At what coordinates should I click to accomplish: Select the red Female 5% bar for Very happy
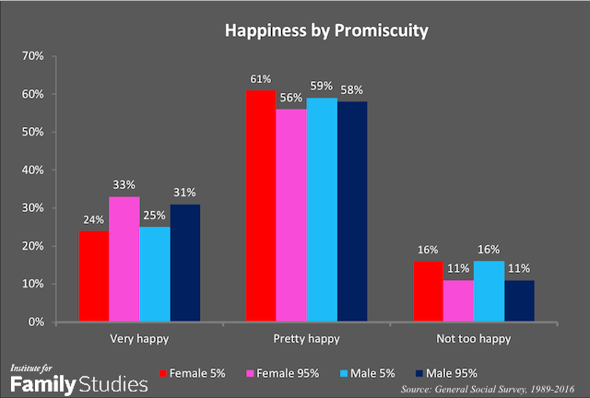click(x=94, y=275)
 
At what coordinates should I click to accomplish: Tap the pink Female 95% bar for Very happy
click(x=124, y=259)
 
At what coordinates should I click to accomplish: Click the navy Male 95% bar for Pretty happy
click(x=351, y=212)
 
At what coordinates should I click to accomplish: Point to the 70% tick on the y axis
click(x=33, y=56)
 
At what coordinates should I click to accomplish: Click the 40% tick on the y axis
click(x=33, y=170)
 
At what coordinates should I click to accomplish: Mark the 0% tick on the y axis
click(x=36, y=322)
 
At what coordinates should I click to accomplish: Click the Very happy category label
click(x=138, y=339)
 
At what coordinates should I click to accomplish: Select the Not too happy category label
click(x=473, y=339)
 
